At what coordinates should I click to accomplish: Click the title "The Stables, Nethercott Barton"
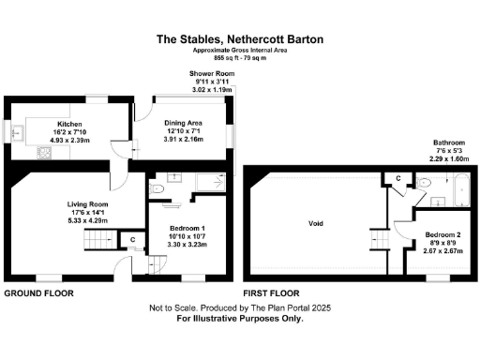240,39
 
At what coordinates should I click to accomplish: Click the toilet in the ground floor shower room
158,190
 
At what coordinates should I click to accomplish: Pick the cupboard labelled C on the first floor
397,179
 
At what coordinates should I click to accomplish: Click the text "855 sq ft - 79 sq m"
240,58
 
